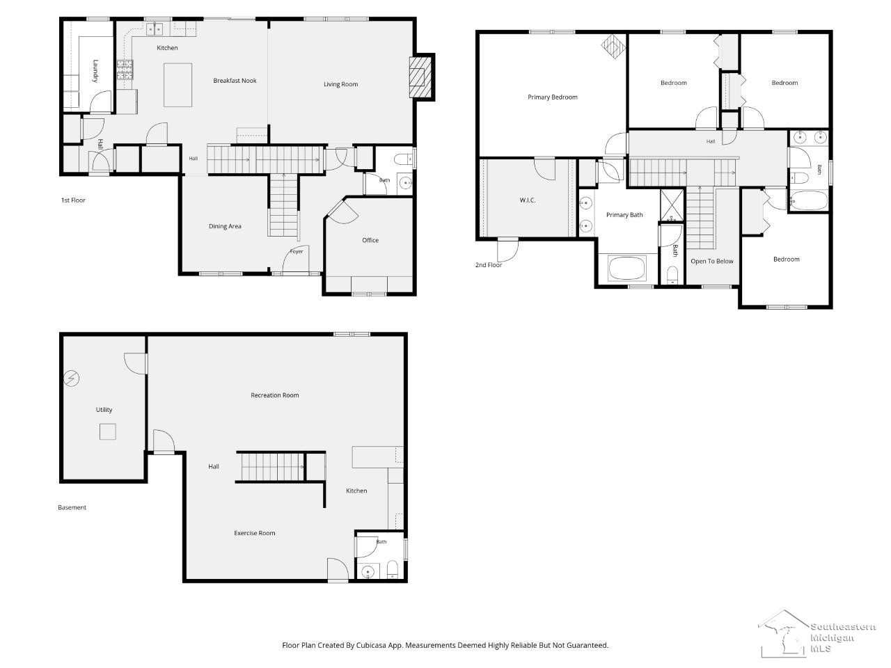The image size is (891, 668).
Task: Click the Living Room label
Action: [x=340, y=84]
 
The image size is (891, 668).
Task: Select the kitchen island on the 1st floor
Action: [x=178, y=85]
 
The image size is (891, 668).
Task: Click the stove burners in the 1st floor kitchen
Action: [x=125, y=69]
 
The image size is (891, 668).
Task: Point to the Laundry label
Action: [x=96, y=71]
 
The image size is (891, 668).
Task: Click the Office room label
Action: [x=370, y=241]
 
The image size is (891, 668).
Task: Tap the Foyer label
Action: [x=297, y=251]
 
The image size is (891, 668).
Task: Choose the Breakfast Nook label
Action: [x=235, y=81]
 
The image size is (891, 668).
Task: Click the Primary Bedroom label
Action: [x=553, y=97]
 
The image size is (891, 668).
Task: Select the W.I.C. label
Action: [x=528, y=200]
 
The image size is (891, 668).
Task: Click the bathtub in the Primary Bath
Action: [x=626, y=268]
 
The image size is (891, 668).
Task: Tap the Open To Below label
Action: [x=712, y=261]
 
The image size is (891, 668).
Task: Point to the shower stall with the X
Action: [x=672, y=205]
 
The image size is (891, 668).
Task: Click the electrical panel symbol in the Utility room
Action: [x=72, y=379]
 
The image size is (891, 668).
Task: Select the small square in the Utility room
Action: [x=108, y=431]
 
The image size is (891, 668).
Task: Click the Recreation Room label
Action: [x=275, y=395]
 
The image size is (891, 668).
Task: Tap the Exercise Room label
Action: [x=255, y=533]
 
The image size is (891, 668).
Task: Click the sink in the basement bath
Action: [x=368, y=572]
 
